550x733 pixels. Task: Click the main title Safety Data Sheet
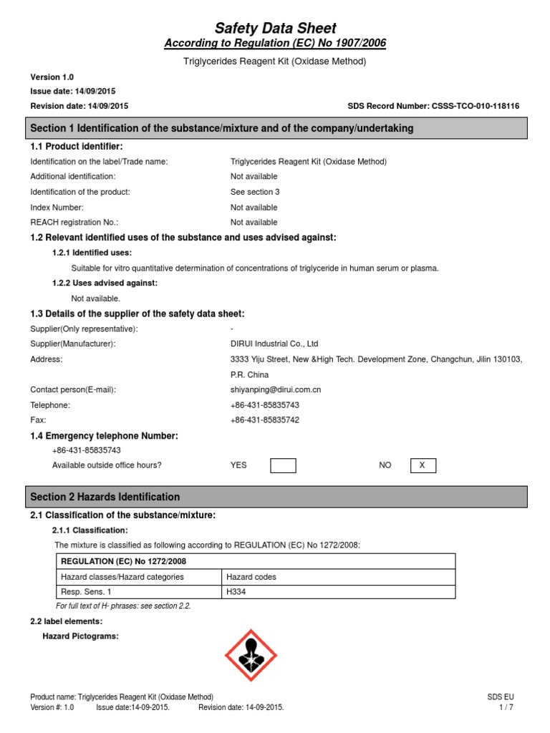276,29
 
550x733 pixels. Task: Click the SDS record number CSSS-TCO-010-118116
433,106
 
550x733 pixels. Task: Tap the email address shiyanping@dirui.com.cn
275,389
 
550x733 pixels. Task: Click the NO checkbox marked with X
423,466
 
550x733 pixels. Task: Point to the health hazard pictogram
250,656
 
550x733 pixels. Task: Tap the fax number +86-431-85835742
265,420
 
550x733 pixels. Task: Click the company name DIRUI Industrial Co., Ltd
274,344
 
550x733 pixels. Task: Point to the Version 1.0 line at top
52,77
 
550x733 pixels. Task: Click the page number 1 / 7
506,707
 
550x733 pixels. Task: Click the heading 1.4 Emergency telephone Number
104,436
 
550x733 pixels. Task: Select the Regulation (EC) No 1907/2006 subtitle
275,44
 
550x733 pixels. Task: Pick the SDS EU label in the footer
500,697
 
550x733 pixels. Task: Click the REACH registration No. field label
74,223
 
